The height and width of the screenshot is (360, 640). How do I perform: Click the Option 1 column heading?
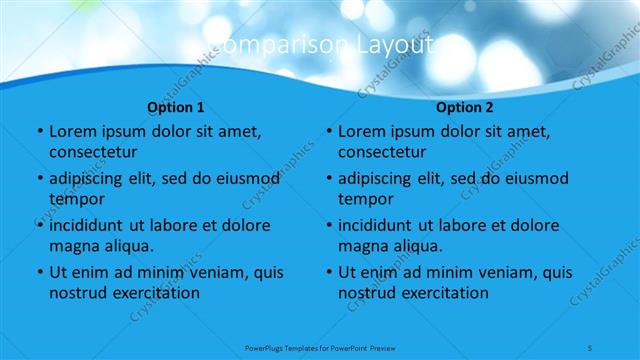176,107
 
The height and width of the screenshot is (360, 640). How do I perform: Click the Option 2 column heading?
465,107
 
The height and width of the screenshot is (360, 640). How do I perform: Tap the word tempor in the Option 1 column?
74,199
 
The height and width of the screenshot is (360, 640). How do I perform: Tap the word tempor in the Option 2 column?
363,199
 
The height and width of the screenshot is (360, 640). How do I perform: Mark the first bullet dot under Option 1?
39,132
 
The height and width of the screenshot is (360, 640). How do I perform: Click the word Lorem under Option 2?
361,132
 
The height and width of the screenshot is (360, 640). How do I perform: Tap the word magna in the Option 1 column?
72,246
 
